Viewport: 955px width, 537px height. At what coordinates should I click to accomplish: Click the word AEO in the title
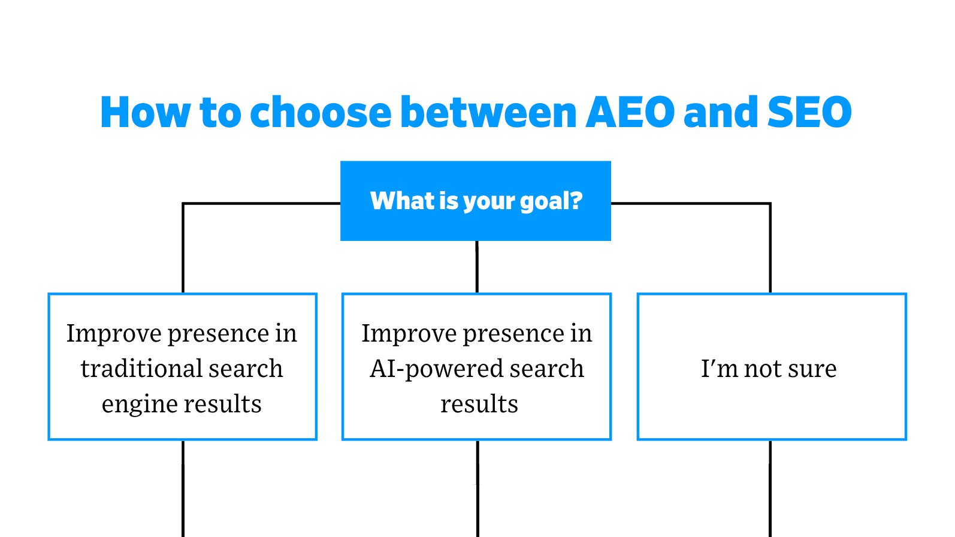coord(630,113)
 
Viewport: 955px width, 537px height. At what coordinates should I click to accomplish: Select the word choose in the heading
coord(321,113)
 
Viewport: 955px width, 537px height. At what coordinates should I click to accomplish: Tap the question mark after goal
coord(576,201)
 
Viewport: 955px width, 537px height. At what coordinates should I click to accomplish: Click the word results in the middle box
coord(479,404)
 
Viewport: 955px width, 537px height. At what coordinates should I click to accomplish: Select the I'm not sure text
coord(769,369)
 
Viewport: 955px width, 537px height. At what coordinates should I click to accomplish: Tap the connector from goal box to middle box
coord(477,267)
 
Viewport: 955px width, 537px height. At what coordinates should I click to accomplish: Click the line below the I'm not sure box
coord(770,488)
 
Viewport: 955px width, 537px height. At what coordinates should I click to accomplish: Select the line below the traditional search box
coord(183,488)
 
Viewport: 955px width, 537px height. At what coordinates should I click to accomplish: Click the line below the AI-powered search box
coord(477,488)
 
